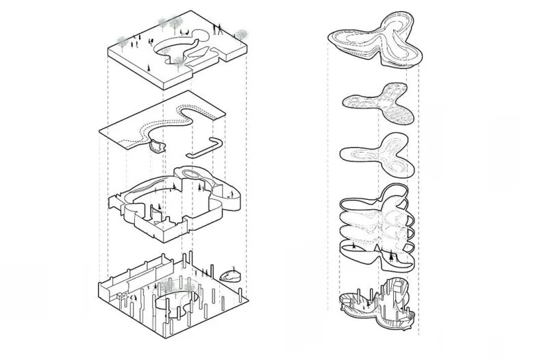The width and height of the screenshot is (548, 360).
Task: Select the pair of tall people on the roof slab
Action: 218,28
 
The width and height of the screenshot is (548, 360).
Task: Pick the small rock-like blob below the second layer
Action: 157,145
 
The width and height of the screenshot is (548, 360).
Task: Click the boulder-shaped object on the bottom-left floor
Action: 230,276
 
